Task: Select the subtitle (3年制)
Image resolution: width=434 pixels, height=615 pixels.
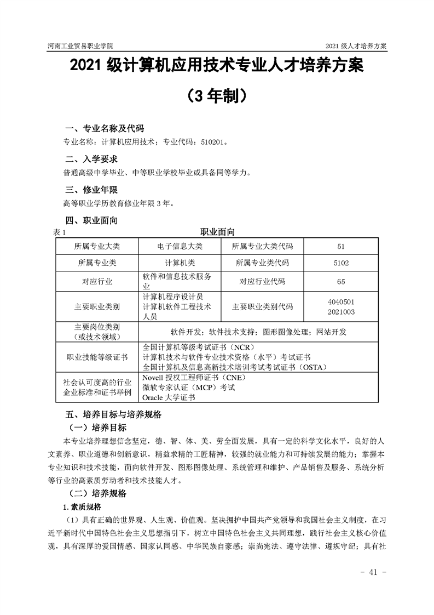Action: coord(217,96)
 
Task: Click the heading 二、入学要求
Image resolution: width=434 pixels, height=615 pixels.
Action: coord(91,160)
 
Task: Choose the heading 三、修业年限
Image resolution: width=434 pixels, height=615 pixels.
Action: coord(91,190)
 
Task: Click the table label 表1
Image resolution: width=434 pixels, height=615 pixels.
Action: coord(59,232)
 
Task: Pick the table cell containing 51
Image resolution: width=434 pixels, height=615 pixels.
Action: coord(340,246)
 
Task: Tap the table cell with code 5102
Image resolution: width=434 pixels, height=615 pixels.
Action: coord(340,263)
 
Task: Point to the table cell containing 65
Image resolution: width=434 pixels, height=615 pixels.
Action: coord(340,282)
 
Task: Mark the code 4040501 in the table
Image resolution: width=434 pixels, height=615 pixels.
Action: coord(340,302)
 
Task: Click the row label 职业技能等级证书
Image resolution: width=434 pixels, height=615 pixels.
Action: coord(97,357)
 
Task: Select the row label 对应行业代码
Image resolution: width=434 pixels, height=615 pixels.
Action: coord(262,282)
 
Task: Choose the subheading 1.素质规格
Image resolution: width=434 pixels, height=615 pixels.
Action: coord(82,505)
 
